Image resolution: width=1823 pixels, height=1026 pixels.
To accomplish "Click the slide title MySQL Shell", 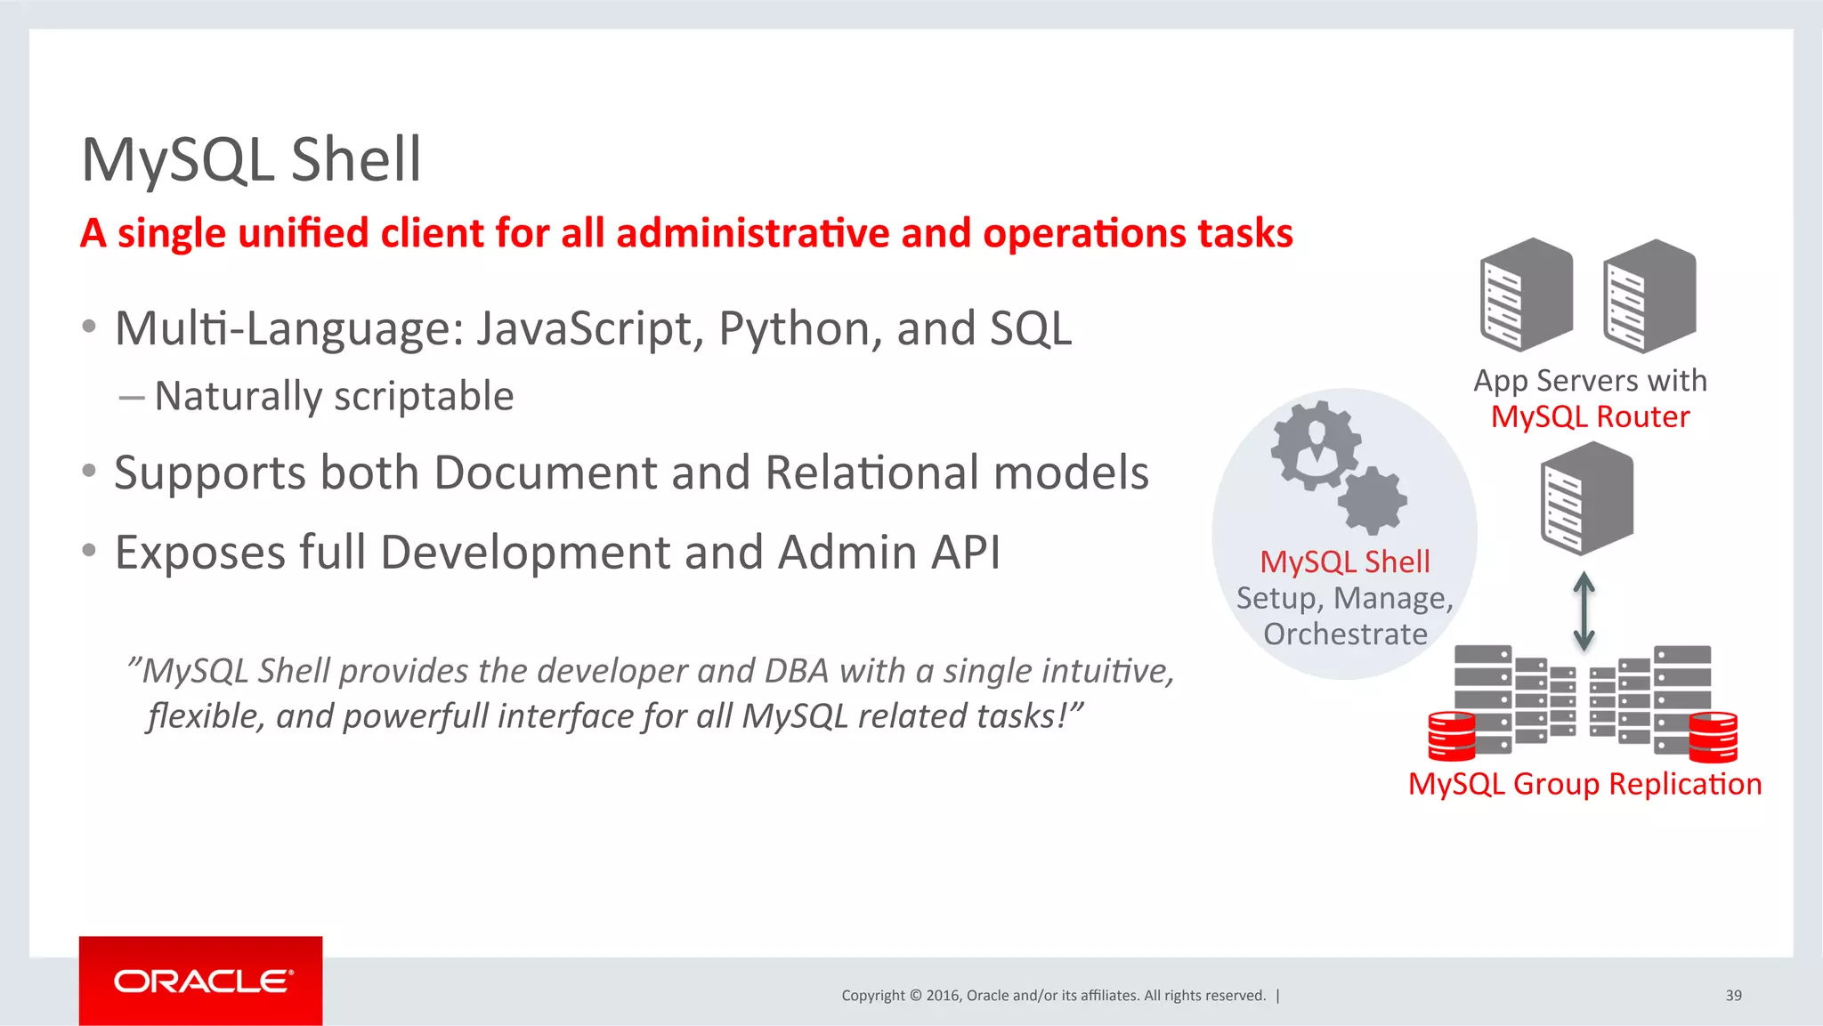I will coord(251,160).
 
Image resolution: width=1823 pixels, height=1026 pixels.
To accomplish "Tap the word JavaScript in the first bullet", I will coord(584,328).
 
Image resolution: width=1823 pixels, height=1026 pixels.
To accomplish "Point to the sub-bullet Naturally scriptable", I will coord(334,396).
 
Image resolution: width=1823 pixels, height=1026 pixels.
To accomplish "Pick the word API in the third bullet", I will coord(965,553).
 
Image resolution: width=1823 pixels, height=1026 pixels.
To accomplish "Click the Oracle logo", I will coord(201,981).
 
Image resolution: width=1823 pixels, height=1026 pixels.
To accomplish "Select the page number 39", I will coord(1733,996).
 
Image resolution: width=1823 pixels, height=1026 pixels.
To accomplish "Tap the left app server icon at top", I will coord(1526,295).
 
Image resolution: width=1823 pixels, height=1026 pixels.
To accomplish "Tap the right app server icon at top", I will coord(1649,295).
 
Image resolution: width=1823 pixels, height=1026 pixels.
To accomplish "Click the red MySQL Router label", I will coord(1590,417).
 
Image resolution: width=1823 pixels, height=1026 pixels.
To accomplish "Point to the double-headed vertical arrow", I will coord(1584,611).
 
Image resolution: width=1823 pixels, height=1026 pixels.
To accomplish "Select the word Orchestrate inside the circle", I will coord(1345,634).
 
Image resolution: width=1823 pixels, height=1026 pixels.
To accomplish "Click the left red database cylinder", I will coord(1452,737).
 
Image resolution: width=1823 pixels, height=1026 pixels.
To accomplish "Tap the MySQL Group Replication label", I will coord(1584,784).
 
